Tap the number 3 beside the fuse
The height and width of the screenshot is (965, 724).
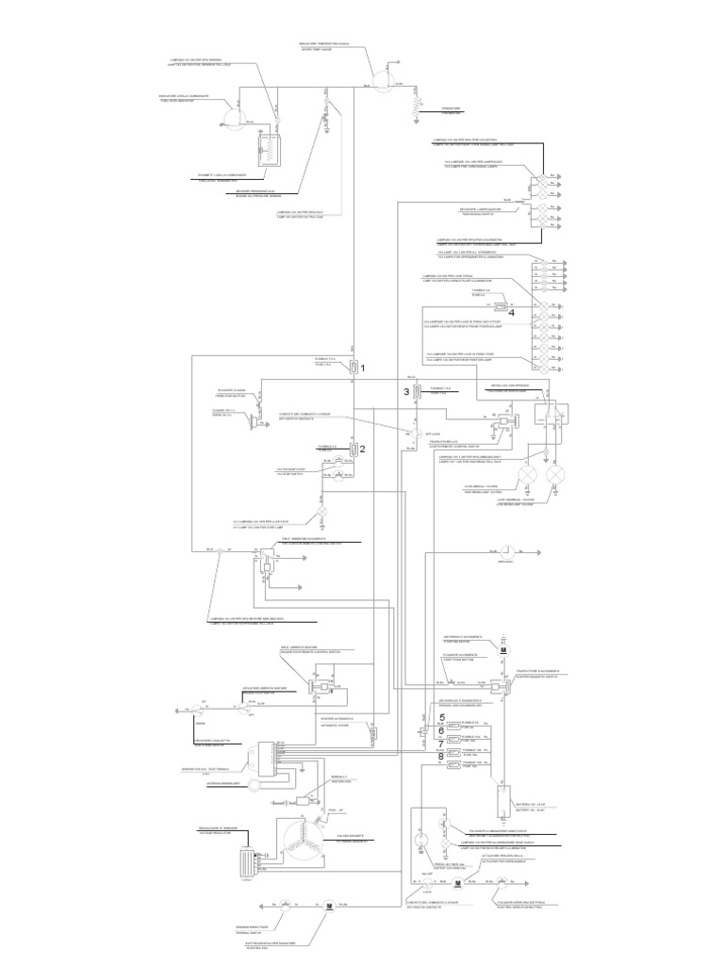click(x=407, y=391)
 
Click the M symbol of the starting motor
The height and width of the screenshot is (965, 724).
click(x=503, y=650)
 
